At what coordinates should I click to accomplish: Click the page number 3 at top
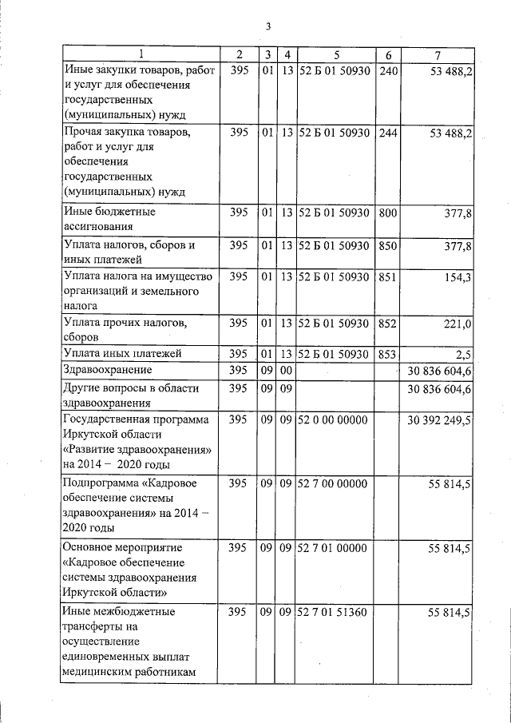[269, 26]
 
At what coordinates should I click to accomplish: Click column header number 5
[336, 54]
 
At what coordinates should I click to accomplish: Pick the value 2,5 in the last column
[464, 353]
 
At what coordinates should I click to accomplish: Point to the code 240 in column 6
[387, 71]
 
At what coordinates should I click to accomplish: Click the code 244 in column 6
[387, 132]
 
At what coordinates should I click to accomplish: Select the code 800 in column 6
[387, 213]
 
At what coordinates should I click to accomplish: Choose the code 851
[387, 277]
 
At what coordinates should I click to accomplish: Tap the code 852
[387, 324]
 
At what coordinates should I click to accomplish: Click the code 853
[387, 353]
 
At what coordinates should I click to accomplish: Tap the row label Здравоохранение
[108, 370]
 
